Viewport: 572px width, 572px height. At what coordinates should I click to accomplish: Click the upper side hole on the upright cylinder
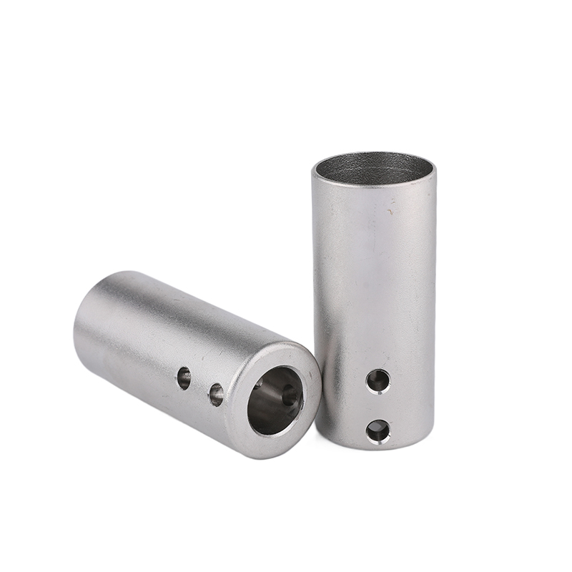tap(378, 380)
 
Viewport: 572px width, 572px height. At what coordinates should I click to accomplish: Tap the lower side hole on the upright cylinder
tap(378, 430)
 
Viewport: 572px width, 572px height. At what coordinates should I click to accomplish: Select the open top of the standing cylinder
tap(373, 167)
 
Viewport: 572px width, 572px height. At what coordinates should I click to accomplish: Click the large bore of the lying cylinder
tap(275, 400)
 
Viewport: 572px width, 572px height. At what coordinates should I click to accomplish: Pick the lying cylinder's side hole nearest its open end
tap(215, 393)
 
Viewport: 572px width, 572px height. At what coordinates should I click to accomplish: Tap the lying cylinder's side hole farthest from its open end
tap(184, 378)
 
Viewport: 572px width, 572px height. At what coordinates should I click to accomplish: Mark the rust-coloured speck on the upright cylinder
tap(391, 212)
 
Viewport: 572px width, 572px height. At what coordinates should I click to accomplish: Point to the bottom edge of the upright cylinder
tap(375, 448)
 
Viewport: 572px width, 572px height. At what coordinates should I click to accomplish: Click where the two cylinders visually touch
tap(317, 372)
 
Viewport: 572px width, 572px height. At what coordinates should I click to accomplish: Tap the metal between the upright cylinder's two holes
tap(378, 405)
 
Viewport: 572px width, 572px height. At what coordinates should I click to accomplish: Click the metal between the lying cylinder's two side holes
tap(199, 385)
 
